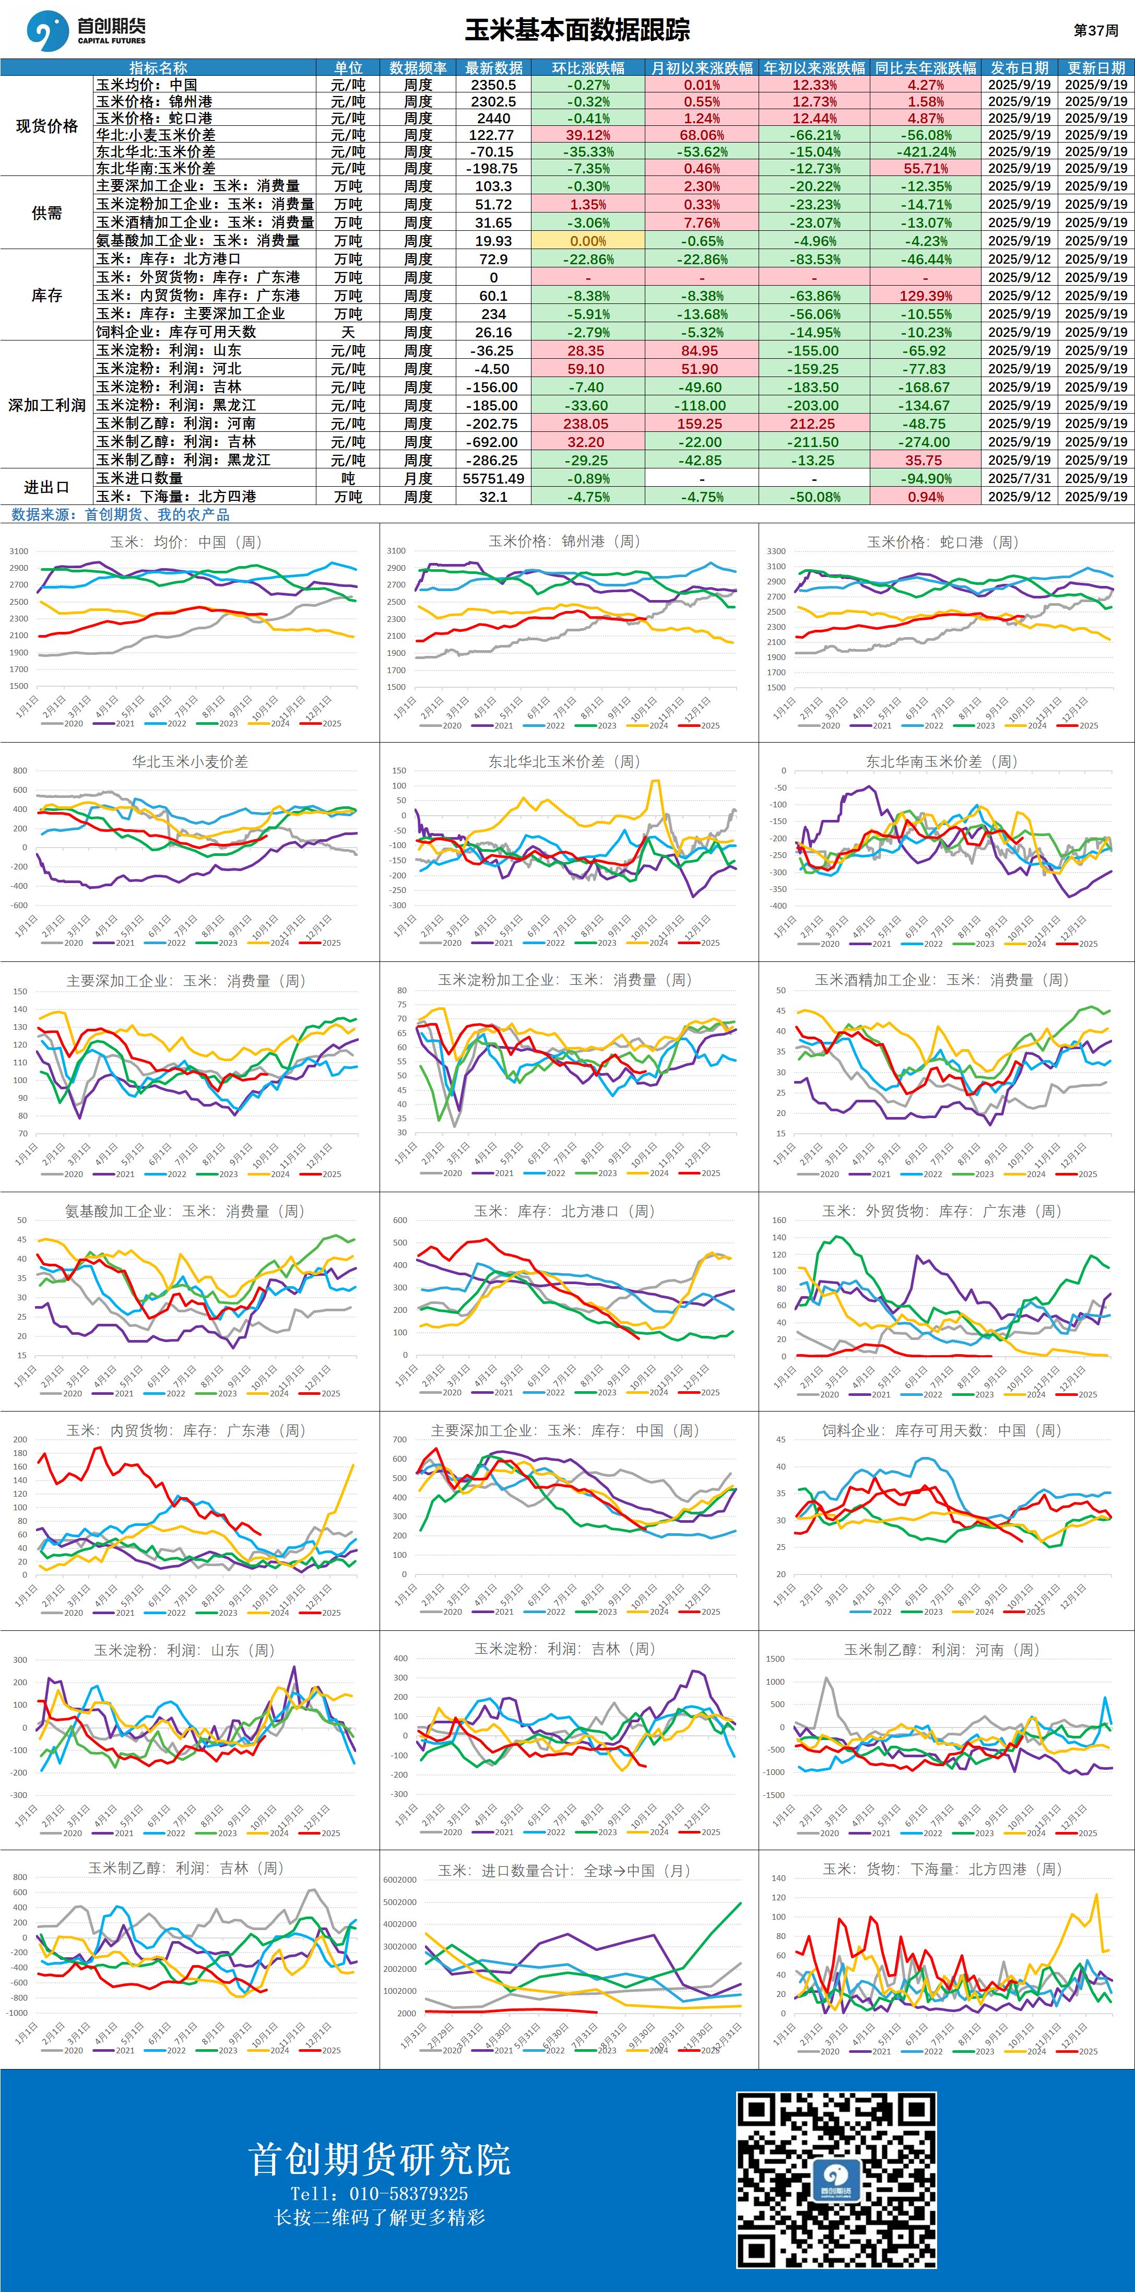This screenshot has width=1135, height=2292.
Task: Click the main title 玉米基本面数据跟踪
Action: [577, 30]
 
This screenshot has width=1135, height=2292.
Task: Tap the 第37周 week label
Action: [1096, 30]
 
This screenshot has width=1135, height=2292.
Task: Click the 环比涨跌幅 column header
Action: [588, 67]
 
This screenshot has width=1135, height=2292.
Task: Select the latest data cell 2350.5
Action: [494, 85]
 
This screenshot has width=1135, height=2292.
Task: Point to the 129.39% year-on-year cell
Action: [926, 296]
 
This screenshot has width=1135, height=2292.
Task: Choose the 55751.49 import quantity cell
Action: [494, 479]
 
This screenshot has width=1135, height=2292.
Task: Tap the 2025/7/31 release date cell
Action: [1020, 479]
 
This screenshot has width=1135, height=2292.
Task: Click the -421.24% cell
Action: [926, 152]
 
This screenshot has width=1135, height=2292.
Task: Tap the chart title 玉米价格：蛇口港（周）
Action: [943, 542]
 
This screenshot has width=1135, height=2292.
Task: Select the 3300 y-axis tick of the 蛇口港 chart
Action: [776, 551]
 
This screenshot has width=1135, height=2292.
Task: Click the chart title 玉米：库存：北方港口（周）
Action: [564, 1211]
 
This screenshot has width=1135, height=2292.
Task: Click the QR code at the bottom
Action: [836, 2180]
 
